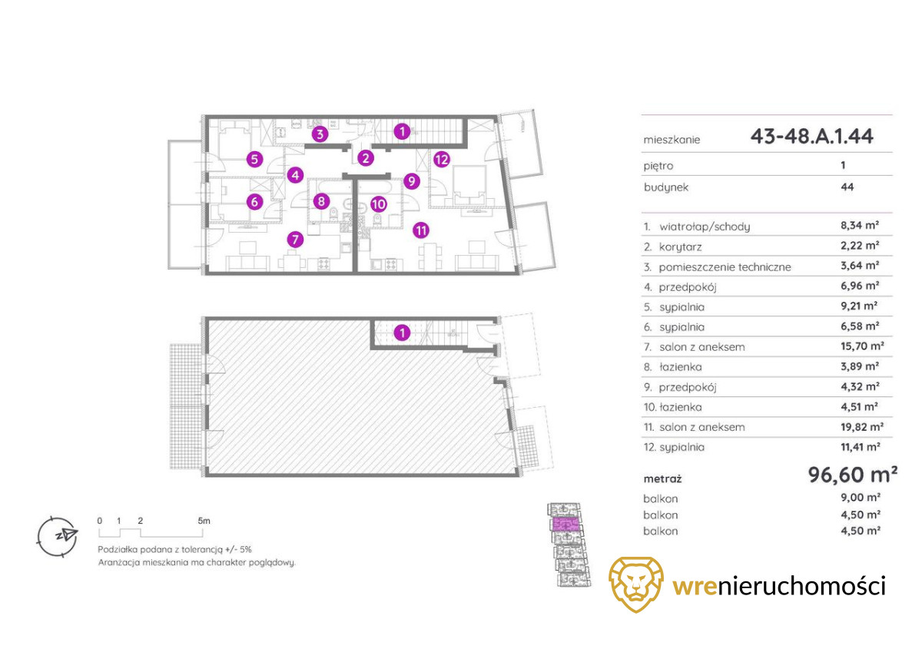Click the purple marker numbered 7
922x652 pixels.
294,240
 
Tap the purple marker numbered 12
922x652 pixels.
441,160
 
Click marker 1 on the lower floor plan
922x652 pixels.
401,333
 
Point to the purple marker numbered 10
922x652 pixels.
377,204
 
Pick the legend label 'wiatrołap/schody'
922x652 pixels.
705,227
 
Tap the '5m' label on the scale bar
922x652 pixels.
204,521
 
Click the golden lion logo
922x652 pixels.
637,584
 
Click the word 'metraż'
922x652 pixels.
663,478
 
